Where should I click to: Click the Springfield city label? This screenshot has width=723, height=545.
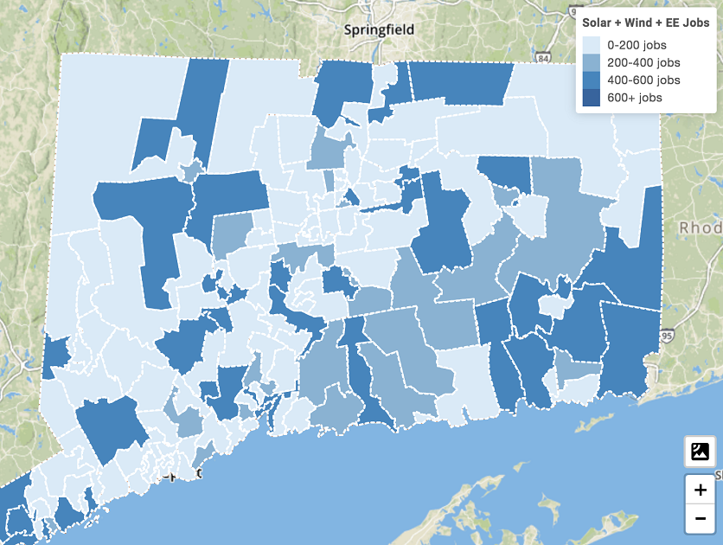pos(379,29)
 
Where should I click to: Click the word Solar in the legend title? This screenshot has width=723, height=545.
pos(598,22)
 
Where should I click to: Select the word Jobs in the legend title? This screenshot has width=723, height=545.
pos(697,22)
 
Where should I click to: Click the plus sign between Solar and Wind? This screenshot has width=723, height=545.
pos(619,22)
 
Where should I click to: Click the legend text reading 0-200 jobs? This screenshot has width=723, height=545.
pos(637,45)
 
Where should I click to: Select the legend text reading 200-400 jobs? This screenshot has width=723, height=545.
pos(643,62)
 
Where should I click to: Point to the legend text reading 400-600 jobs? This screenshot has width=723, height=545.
pos(643,80)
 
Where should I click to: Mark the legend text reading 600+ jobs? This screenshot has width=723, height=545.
pos(635,98)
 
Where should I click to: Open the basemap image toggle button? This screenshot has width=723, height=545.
pos(700,451)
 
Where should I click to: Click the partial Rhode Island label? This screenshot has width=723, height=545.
pos(701,228)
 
